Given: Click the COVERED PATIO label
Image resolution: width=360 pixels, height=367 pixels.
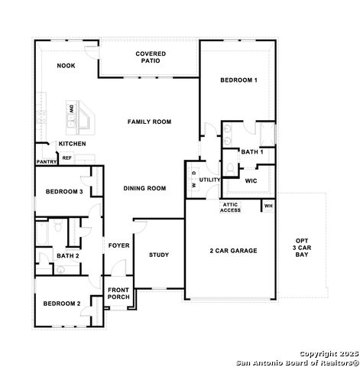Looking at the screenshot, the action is (151, 57).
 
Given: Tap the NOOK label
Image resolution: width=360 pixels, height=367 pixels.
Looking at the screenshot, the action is (66, 66).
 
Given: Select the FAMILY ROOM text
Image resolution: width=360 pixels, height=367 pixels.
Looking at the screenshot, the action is (149, 122).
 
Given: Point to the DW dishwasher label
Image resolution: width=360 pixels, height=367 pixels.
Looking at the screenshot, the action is (72, 109).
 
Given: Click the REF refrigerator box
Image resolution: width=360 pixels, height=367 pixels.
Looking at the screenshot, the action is (66, 158).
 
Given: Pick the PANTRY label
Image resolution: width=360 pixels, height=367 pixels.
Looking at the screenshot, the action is (47, 162).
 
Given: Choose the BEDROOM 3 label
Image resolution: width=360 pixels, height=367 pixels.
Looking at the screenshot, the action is (64, 192).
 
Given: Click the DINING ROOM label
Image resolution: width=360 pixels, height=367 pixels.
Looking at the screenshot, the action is (144, 188).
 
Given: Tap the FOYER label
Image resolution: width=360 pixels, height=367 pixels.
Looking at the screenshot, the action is (118, 245).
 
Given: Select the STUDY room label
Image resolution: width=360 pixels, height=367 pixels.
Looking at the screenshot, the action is (159, 255).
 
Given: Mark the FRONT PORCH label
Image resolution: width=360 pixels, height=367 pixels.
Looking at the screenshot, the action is (118, 294).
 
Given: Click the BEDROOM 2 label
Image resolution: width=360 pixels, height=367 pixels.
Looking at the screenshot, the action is (62, 304).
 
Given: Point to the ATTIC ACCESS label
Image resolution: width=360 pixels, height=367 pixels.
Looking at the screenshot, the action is (230, 207).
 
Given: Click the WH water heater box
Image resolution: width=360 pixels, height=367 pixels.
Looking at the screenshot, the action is (268, 206).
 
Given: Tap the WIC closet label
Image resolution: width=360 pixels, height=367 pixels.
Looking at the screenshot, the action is (251, 181).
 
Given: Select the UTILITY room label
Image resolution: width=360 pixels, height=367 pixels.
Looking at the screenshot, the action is (209, 180).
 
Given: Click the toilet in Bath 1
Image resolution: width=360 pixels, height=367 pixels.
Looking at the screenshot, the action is (230, 169).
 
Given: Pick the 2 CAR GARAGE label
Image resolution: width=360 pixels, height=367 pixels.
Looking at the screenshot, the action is (233, 251).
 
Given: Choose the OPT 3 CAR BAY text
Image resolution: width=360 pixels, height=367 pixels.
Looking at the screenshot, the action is (302, 248).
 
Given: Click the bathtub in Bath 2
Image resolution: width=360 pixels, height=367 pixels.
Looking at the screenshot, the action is (42, 233).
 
